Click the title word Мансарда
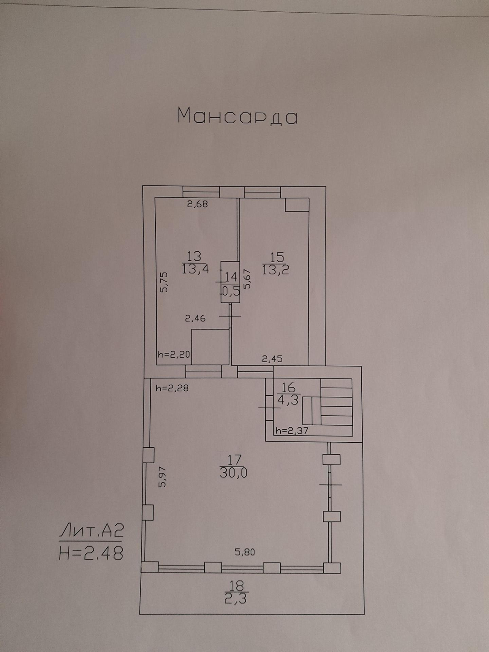point(237,116)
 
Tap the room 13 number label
point(194,257)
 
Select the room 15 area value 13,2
point(276,270)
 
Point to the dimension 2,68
point(198,204)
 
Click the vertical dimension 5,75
point(164,282)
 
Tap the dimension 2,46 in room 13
point(195,318)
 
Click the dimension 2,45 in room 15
point(273,359)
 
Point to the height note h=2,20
point(173,355)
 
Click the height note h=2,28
point(171,388)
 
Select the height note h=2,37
point(292,431)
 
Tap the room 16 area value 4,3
point(288,400)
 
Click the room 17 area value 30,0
point(234,474)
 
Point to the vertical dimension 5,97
point(163,477)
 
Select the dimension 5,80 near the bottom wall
point(244,552)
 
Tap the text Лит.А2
point(91,531)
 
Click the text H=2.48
point(91,553)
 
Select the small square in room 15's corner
point(297,205)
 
